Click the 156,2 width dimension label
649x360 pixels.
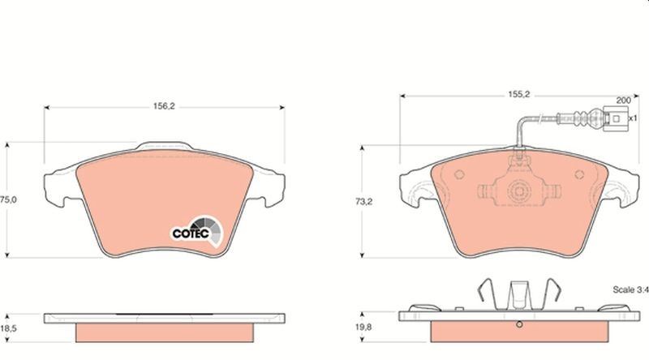click(165, 106)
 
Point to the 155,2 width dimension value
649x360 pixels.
click(519, 94)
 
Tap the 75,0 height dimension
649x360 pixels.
click(8, 199)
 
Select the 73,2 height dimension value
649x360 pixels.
click(363, 202)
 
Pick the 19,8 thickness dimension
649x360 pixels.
click(363, 328)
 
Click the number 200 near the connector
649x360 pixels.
click(623, 101)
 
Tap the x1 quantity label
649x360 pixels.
click(633, 118)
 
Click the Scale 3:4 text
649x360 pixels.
click(630, 289)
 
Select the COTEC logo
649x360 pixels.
click(197, 231)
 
